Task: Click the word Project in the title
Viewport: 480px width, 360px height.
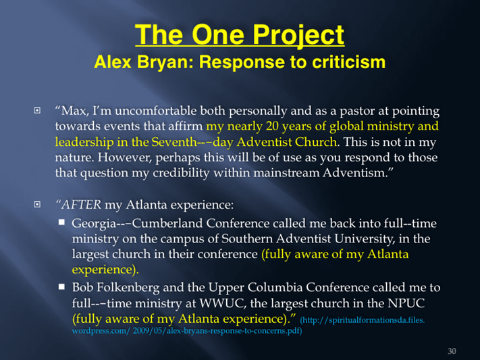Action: click(298, 35)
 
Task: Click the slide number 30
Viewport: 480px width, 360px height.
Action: click(452, 351)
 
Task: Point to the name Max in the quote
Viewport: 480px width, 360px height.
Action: click(72, 111)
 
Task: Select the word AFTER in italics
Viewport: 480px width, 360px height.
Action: click(81, 205)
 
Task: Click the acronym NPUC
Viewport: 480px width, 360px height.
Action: click(406, 303)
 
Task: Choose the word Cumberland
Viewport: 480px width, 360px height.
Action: click(167, 224)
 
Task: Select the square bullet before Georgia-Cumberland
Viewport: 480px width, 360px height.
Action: click(62, 222)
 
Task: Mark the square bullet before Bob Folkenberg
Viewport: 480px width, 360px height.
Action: click(62, 287)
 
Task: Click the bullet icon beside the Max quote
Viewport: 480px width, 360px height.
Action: click(37, 110)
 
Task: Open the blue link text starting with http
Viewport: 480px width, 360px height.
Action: click(248, 326)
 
